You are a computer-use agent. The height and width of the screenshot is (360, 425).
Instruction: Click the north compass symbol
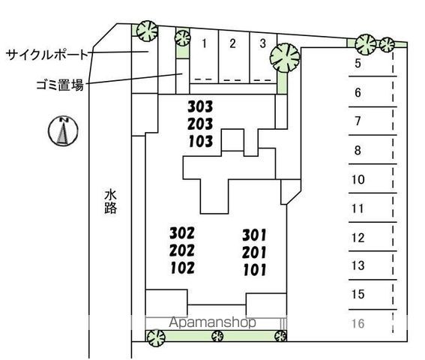(x=63, y=130)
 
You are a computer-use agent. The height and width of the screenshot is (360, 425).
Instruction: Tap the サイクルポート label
(x=47, y=55)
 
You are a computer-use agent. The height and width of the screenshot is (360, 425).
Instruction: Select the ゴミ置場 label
(x=60, y=85)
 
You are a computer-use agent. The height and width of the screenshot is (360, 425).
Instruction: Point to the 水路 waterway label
(x=111, y=202)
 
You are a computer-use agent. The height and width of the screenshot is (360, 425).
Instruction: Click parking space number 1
(x=205, y=43)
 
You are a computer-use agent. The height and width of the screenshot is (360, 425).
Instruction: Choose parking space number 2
(x=232, y=43)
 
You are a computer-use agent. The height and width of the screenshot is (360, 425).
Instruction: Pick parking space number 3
(x=262, y=43)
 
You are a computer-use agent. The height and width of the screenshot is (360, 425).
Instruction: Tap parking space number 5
(x=358, y=63)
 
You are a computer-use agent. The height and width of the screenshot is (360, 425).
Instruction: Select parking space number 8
(x=358, y=150)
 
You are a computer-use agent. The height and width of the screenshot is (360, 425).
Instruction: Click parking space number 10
(x=358, y=179)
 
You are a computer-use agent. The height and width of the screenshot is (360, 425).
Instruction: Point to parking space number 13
(x=358, y=265)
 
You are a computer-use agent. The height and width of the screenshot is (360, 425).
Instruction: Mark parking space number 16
(x=358, y=323)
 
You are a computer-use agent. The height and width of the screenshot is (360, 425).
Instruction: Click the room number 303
(x=200, y=106)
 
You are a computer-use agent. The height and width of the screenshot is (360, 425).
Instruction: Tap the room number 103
(x=201, y=141)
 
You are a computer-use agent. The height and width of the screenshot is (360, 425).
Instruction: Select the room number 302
(x=182, y=233)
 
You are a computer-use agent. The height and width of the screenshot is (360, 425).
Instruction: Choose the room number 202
(x=182, y=250)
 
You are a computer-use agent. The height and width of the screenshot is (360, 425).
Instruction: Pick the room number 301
(x=255, y=235)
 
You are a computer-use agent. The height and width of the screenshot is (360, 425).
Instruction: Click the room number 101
(x=255, y=270)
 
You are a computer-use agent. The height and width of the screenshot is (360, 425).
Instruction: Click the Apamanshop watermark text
(x=213, y=322)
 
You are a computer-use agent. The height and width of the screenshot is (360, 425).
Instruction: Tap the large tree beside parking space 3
(x=285, y=58)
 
